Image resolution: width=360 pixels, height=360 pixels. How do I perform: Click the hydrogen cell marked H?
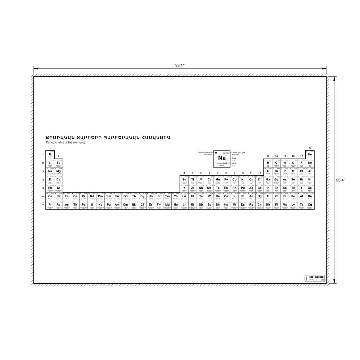tap(50, 155)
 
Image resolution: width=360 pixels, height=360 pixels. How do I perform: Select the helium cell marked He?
tap(310, 155)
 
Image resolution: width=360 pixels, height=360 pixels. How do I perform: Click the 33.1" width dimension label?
tap(180, 65)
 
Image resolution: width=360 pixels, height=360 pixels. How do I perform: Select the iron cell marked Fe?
tap(226, 180)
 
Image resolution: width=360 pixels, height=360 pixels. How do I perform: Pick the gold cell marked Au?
tap(251, 197)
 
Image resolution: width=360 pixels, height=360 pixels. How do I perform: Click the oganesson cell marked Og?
tap(310, 205)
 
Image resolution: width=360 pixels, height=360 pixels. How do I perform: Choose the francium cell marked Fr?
tap(50, 205)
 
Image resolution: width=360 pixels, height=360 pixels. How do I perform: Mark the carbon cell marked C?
tap(276, 163)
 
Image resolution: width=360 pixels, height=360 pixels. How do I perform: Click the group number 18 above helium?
tap(310, 148)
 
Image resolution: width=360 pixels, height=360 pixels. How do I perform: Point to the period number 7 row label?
tap(43, 205)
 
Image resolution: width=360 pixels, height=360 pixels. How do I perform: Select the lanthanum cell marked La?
tap(67, 197)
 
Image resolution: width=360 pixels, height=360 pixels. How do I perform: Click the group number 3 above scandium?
tap(184, 173)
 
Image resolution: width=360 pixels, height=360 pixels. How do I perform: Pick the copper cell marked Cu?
tap(251, 180)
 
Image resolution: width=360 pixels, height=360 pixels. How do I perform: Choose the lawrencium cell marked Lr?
tap(184, 205)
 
